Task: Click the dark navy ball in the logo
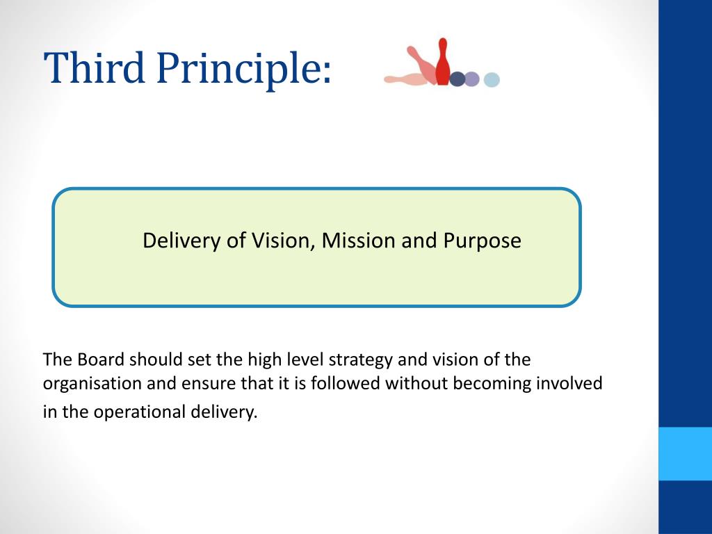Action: click(x=458, y=79)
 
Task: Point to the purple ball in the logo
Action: click(x=472, y=79)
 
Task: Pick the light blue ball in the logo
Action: click(x=492, y=80)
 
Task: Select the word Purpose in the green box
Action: click(x=482, y=241)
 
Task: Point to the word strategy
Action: click(x=361, y=360)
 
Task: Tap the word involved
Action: click(x=568, y=384)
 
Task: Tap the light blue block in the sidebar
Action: click(x=685, y=453)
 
